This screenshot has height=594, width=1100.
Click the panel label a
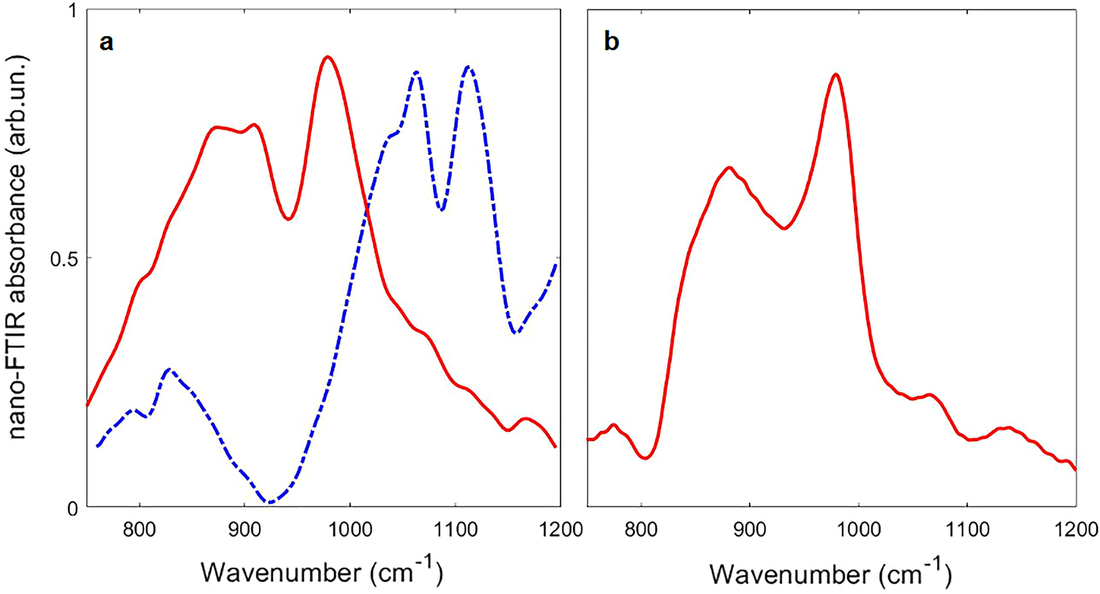point(106,43)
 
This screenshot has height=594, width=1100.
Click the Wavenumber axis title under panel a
point(321,571)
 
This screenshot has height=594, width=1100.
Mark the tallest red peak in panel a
point(327,57)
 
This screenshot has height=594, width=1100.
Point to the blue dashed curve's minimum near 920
point(269,502)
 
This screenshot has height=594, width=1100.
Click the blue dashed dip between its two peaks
point(441,209)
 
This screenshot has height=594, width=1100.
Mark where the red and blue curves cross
point(367,210)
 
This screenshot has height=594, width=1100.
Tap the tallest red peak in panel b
point(836,75)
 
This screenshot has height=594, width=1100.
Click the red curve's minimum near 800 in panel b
point(646,458)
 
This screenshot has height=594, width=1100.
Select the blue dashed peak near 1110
point(469,67)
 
